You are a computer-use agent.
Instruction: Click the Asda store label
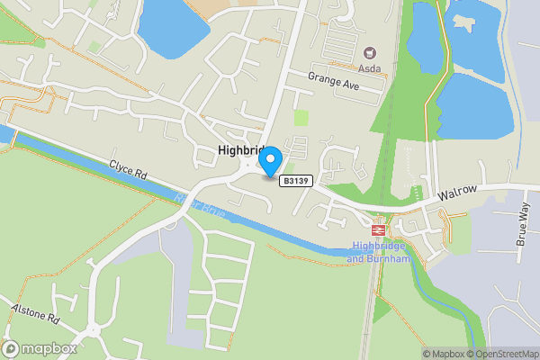(369, 68)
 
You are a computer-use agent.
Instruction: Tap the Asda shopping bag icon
(369, 53)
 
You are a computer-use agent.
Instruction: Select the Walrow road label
(456, 193)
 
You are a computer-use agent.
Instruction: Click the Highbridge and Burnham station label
(379, 252)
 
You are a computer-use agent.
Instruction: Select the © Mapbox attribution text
(444, 354)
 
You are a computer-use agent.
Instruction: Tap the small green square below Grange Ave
(301, 116)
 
